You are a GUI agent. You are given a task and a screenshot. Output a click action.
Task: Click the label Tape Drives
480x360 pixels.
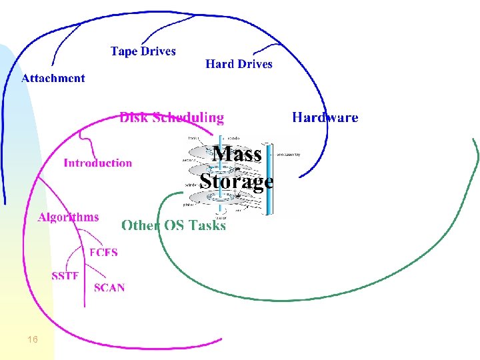143,51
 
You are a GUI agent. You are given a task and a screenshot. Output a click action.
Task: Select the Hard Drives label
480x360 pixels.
239,64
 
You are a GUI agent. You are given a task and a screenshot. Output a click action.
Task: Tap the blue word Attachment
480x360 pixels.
53,78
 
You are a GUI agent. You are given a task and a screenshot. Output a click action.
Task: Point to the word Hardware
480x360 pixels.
325,118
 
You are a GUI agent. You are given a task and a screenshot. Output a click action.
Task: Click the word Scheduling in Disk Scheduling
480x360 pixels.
189,118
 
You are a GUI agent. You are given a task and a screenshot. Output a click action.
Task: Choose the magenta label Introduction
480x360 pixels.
97,163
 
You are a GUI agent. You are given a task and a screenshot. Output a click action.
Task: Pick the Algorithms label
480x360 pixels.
69,217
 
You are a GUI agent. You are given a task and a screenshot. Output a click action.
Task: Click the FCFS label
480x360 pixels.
103,252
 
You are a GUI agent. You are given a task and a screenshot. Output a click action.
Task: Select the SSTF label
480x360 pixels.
65,276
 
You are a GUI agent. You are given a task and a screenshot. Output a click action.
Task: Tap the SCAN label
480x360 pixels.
109,288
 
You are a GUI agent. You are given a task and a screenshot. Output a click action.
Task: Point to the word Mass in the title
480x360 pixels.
237,155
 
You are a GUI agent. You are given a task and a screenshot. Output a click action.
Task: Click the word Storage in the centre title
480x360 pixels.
236,181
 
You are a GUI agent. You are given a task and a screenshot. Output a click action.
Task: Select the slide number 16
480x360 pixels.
33,340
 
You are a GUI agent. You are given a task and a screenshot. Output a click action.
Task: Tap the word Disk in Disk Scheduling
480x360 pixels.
134,118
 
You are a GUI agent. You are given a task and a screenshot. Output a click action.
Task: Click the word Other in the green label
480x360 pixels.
141,225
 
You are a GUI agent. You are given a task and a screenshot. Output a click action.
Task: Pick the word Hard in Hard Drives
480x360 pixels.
219,64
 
